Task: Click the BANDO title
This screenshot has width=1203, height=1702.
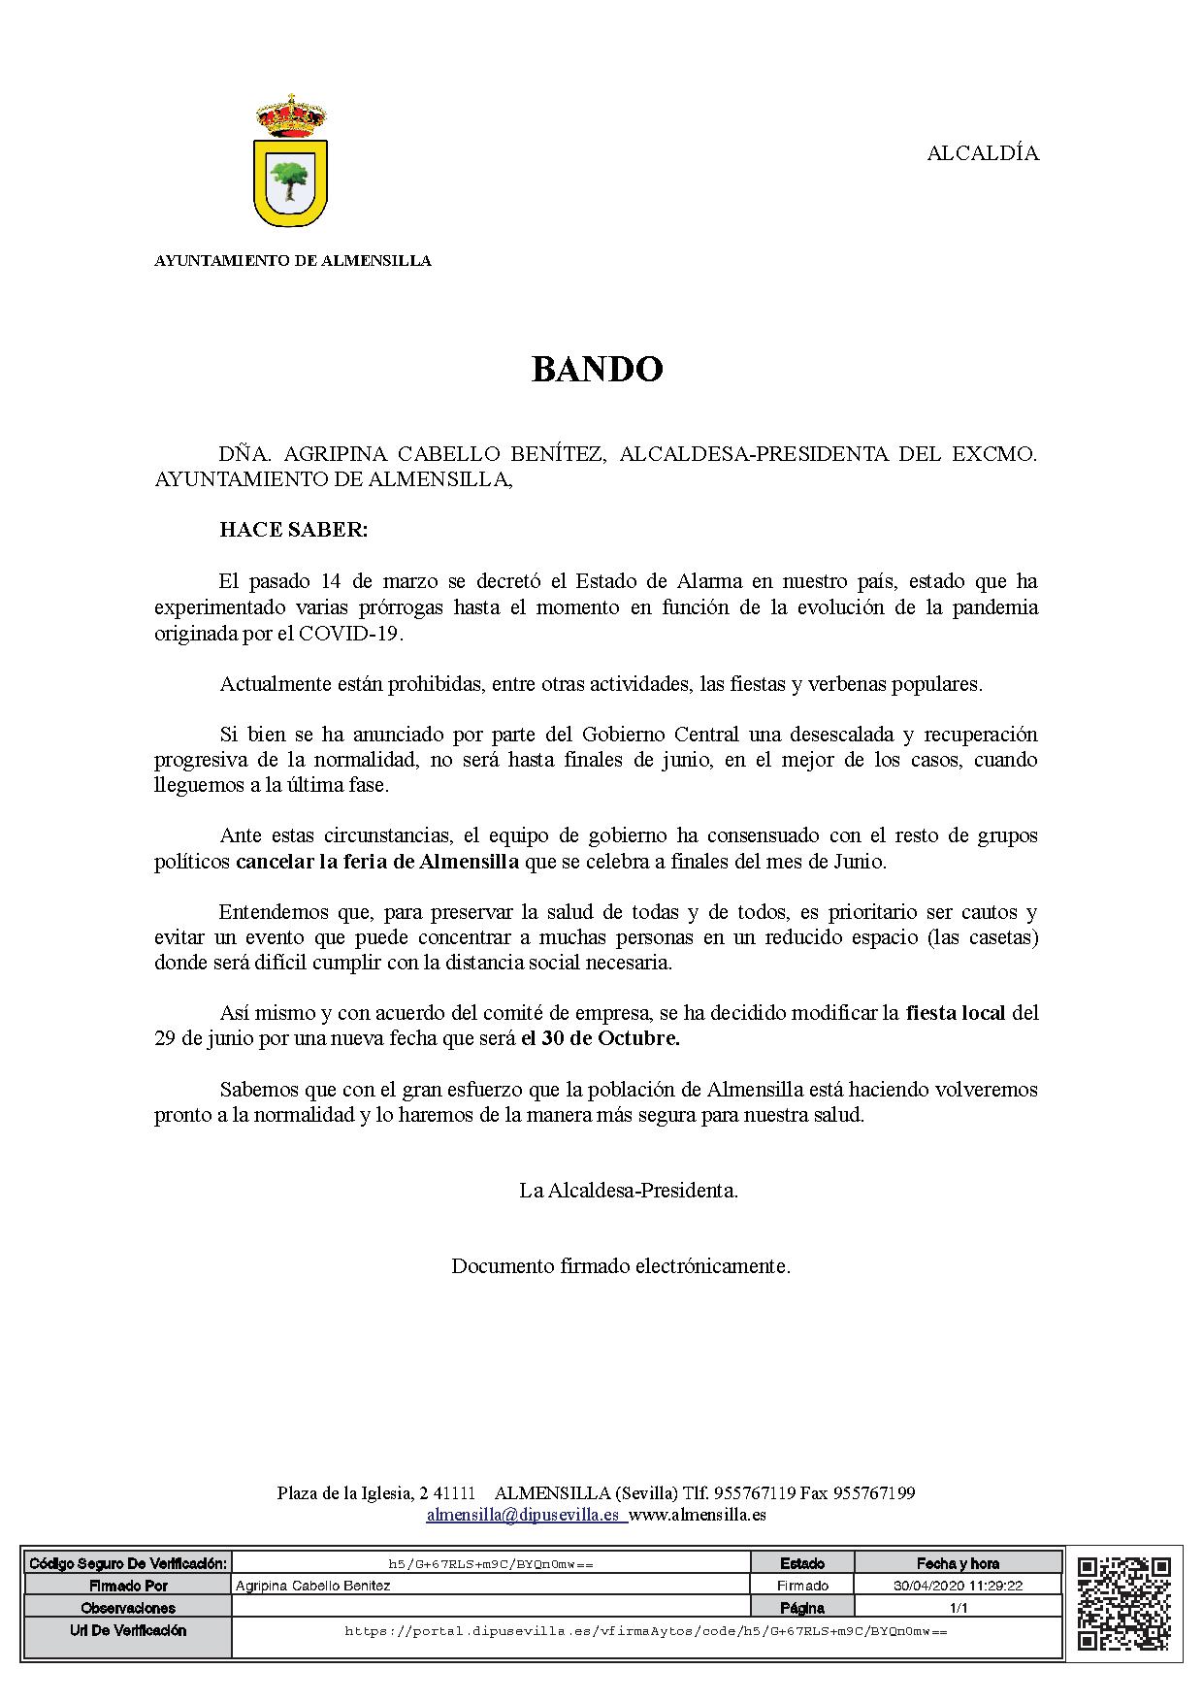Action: (597, 370)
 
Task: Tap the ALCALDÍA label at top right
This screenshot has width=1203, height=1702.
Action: (983, 153)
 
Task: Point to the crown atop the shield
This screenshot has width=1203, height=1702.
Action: (291, 115)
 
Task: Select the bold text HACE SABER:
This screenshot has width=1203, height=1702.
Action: (294, 530)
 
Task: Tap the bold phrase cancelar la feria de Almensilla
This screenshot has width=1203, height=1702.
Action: (377, 861)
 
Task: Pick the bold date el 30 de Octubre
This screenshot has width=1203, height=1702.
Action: (601, 1038)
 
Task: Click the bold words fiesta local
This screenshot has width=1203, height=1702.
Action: (957, 1013)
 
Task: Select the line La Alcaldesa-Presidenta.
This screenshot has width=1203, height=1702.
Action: (629, 1190)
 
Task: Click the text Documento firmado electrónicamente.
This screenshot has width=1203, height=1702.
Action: (621, 1265)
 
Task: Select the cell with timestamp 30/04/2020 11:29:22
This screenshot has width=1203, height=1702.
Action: (959, 1586)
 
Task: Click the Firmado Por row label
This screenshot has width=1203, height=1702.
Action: (128, 1586)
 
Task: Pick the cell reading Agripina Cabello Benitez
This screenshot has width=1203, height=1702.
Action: (312, 1586)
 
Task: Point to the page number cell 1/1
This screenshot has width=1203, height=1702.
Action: (959, 1607)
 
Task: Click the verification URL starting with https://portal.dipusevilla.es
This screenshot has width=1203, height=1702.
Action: (646, 1631)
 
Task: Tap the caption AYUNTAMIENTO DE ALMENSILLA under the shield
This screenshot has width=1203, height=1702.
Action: (293, 260)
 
